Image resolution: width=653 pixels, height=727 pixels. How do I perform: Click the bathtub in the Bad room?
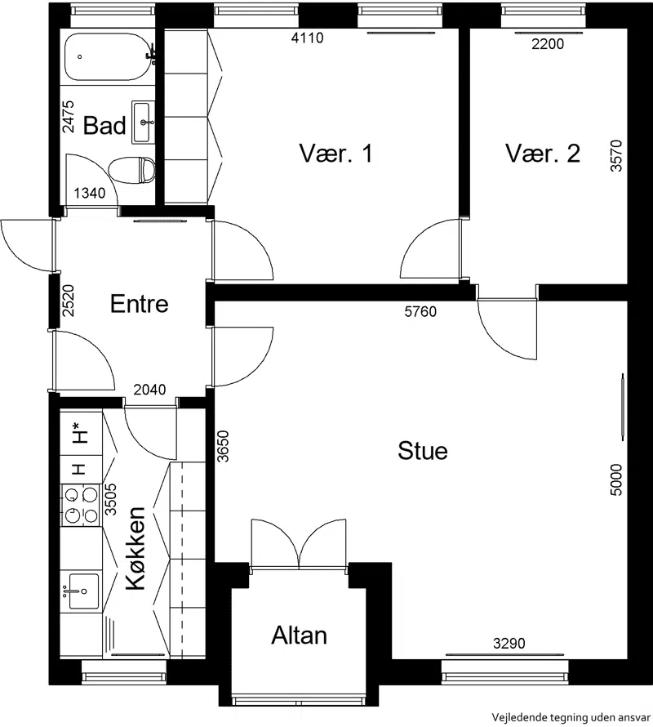pyautogui.click(x=108, y=57)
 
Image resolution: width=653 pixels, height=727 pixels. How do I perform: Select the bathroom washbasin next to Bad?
pyautogui.click(x=143, y=122)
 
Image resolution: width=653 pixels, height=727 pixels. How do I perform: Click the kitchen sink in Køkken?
pyautogui.click(x=83, y=591)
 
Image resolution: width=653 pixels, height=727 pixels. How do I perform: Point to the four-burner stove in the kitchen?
pyautogui.click(x=81, y=505)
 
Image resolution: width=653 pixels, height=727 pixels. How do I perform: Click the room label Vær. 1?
pyautogui.click(x=335, y=153)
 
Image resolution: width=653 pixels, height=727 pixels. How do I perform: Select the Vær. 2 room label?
pyautogui.click(x=542, y=153)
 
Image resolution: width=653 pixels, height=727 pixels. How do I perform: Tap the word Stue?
pyautogui.click(x=423, y=451)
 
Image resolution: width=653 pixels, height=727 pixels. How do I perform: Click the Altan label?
pyautogui.click(x=299, y=636)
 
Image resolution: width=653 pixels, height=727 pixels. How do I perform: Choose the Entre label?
pyautogui.click(x=139, y=304)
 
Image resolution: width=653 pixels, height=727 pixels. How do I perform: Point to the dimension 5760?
pyautogui.click(x=420, y=311)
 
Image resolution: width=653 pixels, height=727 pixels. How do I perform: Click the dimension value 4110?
pyautogui.click(x=307, y=38)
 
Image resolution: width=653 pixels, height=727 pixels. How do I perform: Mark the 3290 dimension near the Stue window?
pyautogui.click(x=509, y=643)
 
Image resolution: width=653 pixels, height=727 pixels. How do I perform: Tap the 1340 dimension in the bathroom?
pyautogui.click(x=90, y=193)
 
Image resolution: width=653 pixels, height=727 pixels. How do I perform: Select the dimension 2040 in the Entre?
pyautogui.click(x=149, y=390)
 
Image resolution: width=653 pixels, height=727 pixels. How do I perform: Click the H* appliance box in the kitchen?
pyautogui.click(x=81, y=433)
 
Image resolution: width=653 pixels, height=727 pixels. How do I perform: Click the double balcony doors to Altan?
pyautogui.click(x=299, y=543)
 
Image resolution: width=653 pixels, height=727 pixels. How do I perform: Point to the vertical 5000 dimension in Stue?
pyautogui.click(x=616, y=479)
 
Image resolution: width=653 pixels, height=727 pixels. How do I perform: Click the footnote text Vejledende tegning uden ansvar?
pyautogui.click(x=571, y=717)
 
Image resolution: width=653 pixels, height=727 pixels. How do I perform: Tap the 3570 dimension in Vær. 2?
pyautogui.click(x=616, y=156)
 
